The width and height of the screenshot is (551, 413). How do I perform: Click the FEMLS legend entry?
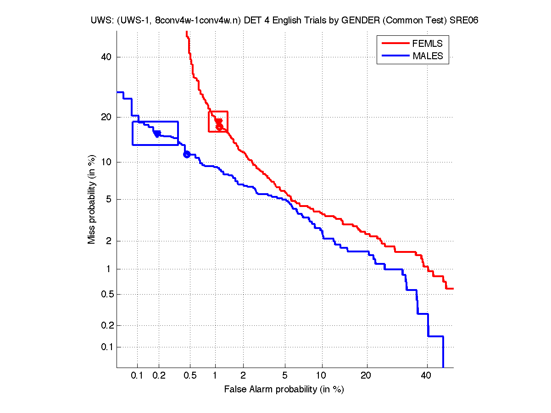point(427,44)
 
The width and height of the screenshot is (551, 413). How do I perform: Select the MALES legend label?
point(428,56)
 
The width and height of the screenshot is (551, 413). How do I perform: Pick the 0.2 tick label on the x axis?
point(159,375)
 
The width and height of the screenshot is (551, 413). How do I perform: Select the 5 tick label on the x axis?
point(285,375)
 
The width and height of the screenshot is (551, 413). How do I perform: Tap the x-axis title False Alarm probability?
point(284,390)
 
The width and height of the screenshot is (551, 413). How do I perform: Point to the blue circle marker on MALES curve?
point(187,154)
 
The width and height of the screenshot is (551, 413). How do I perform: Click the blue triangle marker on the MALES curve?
point(157,134)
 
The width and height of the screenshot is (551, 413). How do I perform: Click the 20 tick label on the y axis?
point(107,117)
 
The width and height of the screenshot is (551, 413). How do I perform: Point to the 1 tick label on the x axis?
point(215,375)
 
